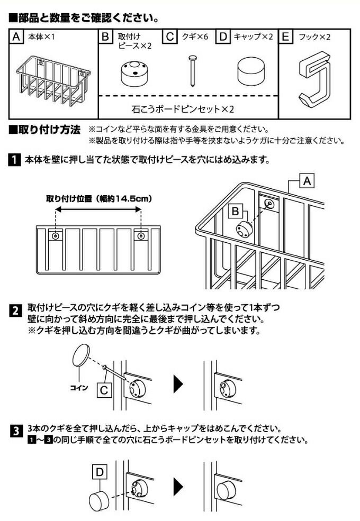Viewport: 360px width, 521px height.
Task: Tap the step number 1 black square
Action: pyautogui.click(x=14, y=159)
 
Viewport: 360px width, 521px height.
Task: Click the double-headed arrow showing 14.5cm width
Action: pyautogui.click(x=98, y=211)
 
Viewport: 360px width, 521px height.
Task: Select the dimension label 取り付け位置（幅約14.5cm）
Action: pyautogui.click(x=99, y=199)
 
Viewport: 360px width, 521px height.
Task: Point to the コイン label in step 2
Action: pyautogui.click(x=79, y=387)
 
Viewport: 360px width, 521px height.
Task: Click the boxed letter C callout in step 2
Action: pyautogui.click(x=104, y=391)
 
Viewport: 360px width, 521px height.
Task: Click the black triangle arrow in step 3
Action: pyautogui.click(x=179, y=487)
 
